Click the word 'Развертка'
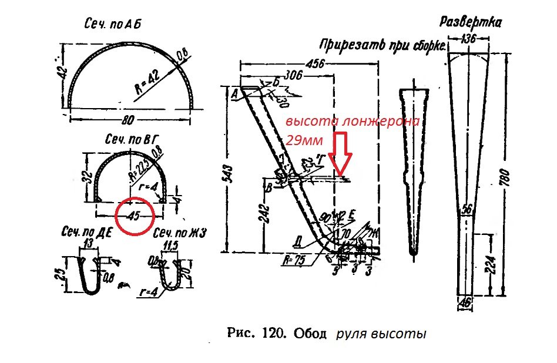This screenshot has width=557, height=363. pos(470,23)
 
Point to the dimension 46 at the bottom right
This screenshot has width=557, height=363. pos(467,302)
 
